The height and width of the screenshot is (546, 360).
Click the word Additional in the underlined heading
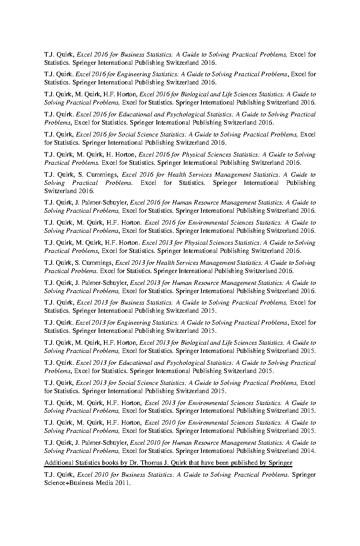coord(57,463)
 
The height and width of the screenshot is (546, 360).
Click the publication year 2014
coord(308,451)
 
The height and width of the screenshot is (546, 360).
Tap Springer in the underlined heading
coord(280,463)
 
